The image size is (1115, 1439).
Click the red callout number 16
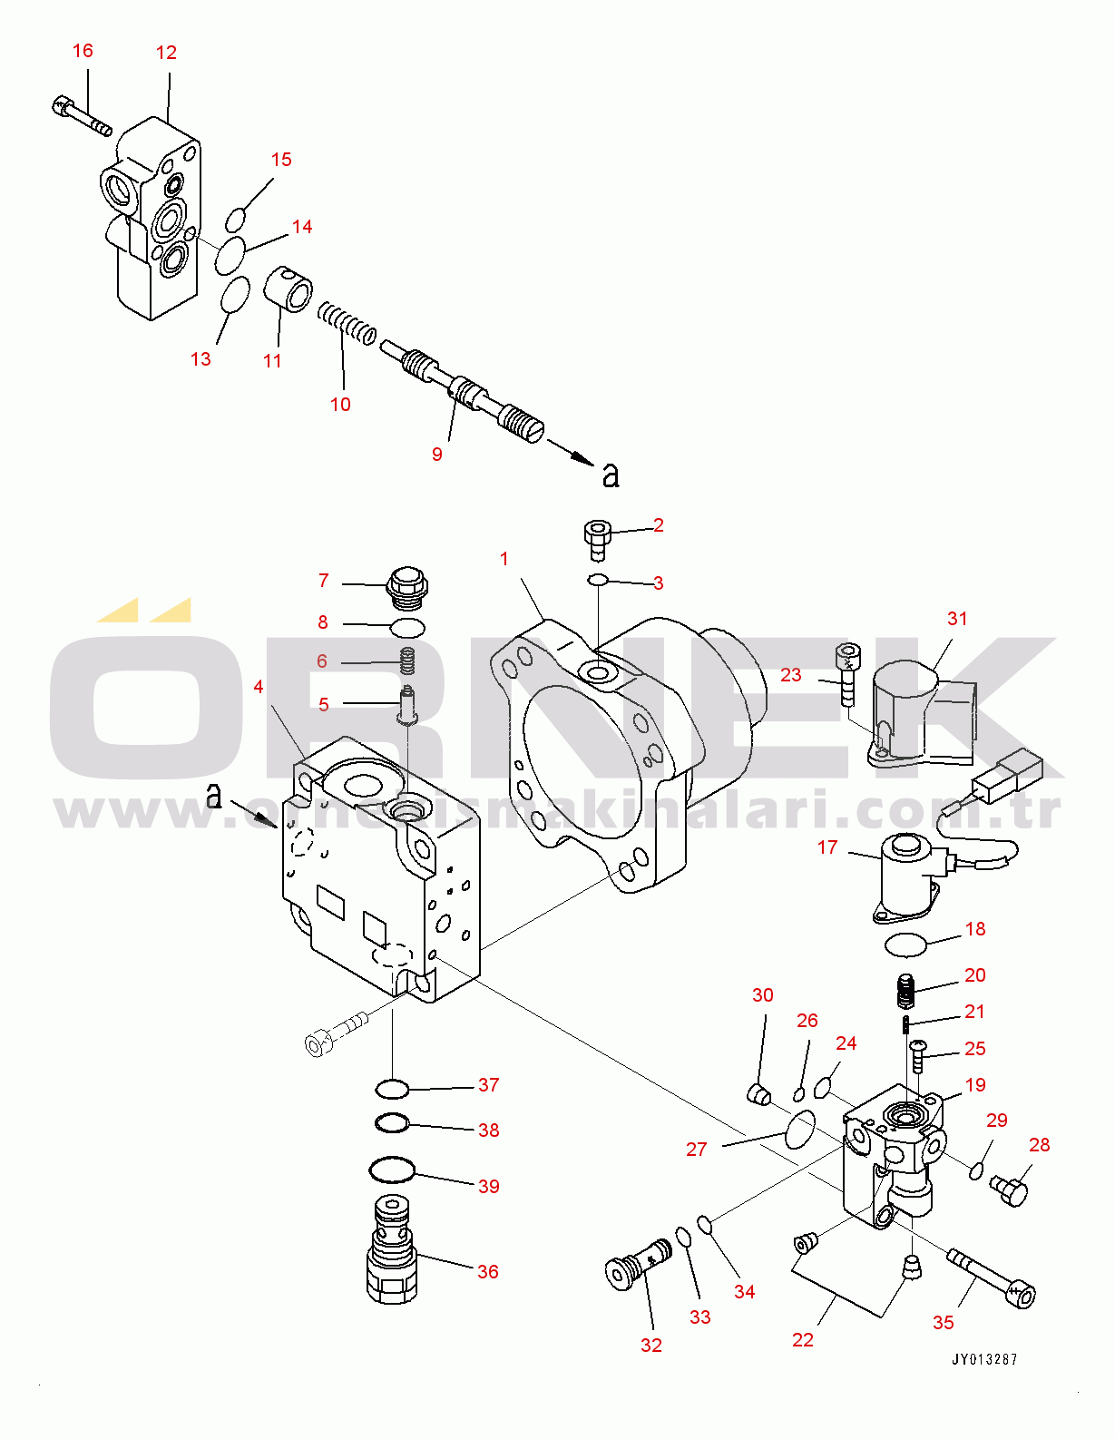[83, 51]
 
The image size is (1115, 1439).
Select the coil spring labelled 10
[347, 323]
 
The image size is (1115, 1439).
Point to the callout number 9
[437, 455]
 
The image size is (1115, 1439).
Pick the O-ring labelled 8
[406, 627]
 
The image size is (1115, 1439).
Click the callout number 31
[957, 619]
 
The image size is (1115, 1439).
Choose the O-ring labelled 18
[905, 945]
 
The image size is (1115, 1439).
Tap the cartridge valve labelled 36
[392, 1249]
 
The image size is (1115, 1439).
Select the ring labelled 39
[392, 1170]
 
